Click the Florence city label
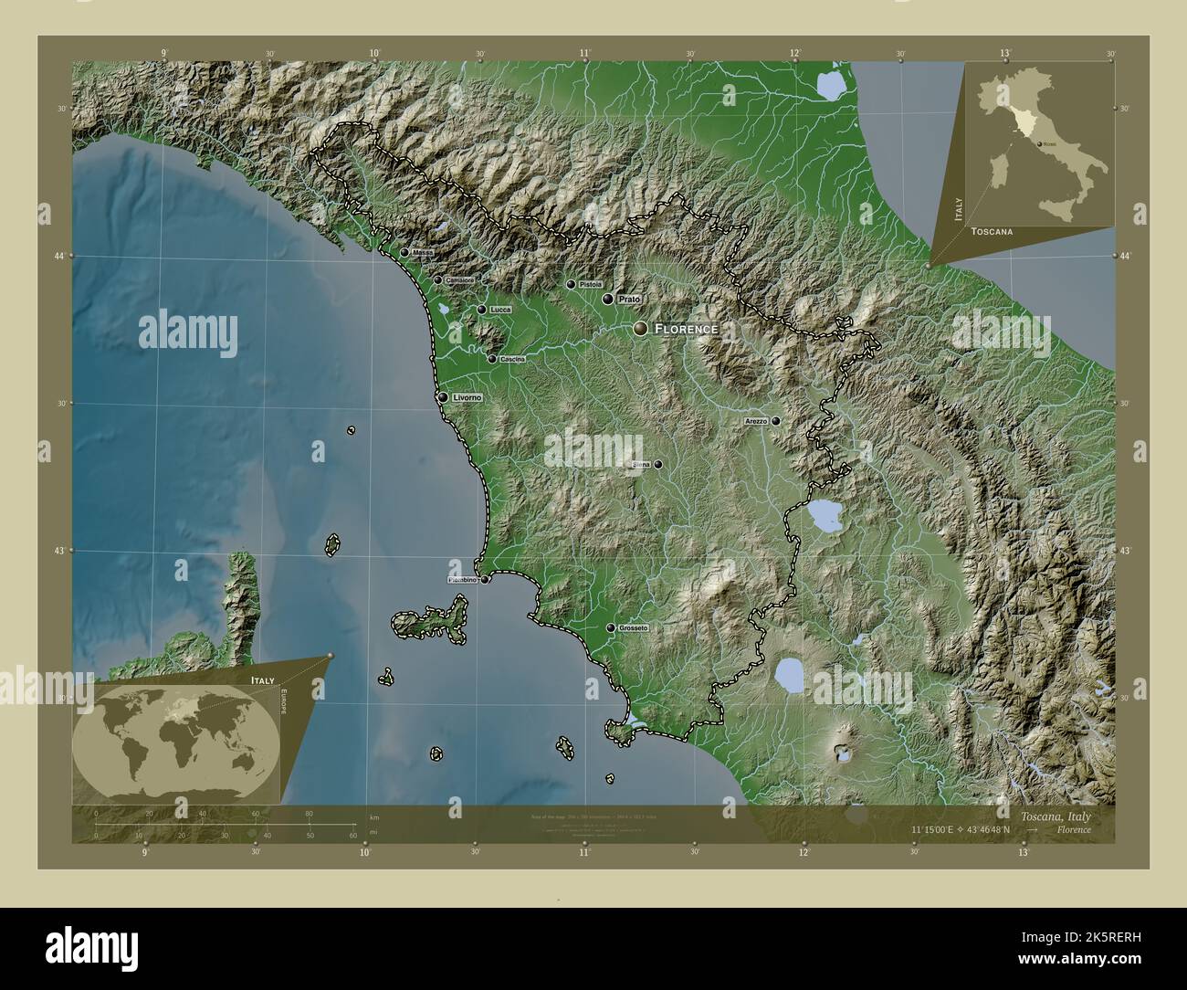pyautogui.click(x=686, y=328)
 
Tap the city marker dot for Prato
pyautogui.click(x=607, y=299)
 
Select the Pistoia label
pyautogui.click(x=591, y=284)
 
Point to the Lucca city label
pyautogui.click(x=500, y=310)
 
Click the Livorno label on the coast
pyautogui.click(x=467, y=398)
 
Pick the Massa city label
pyautogui.click(x=422, y=253)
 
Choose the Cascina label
pyautogui.click(x=512, y=359)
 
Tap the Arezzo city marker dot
pyautogui.click(x=775, y=421)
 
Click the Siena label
pyautogui.click(x=641, y=465)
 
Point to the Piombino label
pyautogui.click(x=461, y=580)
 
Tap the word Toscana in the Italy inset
pyautogui.click(x=992, y=232)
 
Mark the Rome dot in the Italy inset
pyautogui.click(x=1041, y=144)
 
